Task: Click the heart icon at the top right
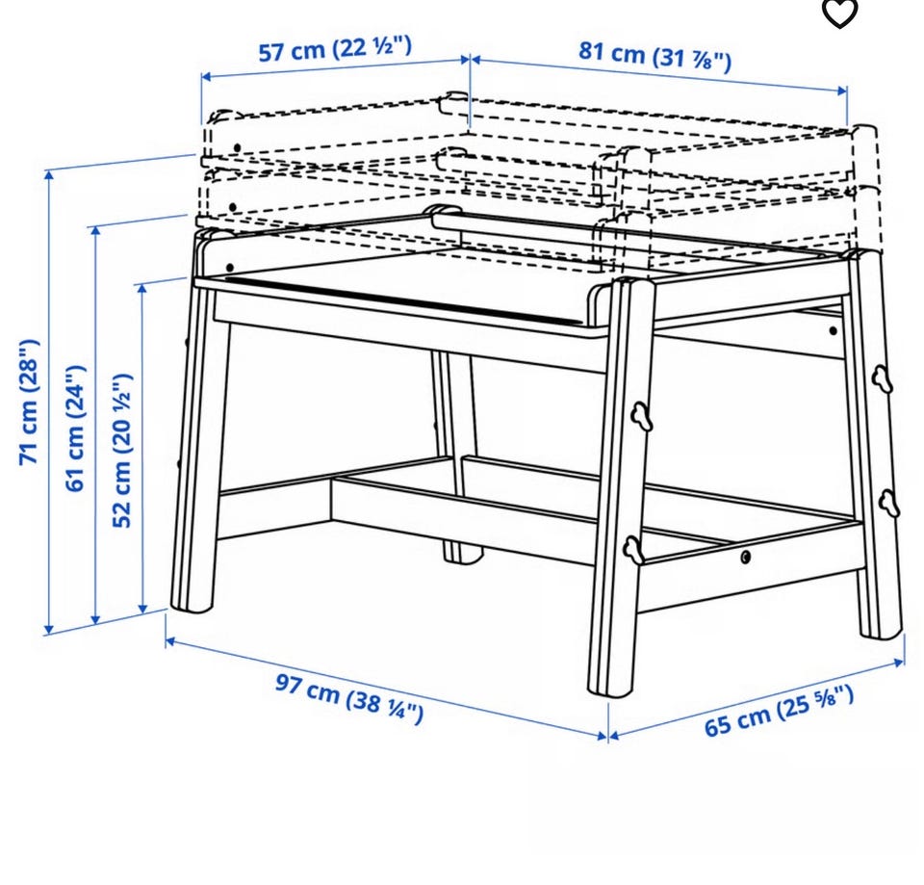839,13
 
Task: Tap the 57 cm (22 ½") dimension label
335,48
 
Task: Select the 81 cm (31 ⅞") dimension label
654,56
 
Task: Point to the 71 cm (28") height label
30,403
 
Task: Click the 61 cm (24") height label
76,428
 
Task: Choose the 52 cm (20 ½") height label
122,451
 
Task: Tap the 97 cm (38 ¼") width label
349,699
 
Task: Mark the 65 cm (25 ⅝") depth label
779,711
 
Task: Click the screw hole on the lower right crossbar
746,557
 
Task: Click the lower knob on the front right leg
633,547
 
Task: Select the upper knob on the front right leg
641,416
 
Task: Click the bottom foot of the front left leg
192,602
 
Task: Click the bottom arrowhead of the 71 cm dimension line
49,629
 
